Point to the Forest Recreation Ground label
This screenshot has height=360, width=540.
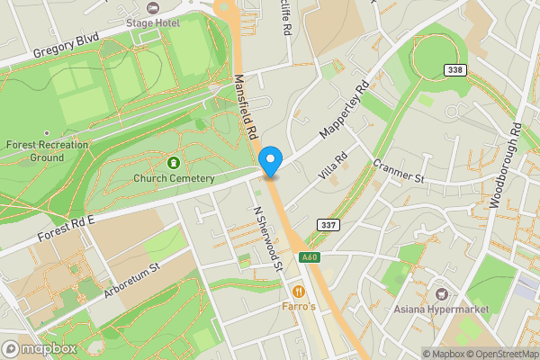pyautogui.click(x=47, y=150)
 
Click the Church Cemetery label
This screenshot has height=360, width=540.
pyautogui.click(x=174, y=178)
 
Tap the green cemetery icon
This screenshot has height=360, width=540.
pyautogui.click(x=174, y=163)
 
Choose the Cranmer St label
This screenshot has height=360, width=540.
pyautogui.click(x=398, y=173)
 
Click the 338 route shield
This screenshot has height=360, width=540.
pyautogui.click(x=455, y=70)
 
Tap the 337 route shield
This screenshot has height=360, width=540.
pyautogui.click(x=328, y=224)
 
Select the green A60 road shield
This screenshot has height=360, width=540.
pyautogui.click(x=310, y=258)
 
